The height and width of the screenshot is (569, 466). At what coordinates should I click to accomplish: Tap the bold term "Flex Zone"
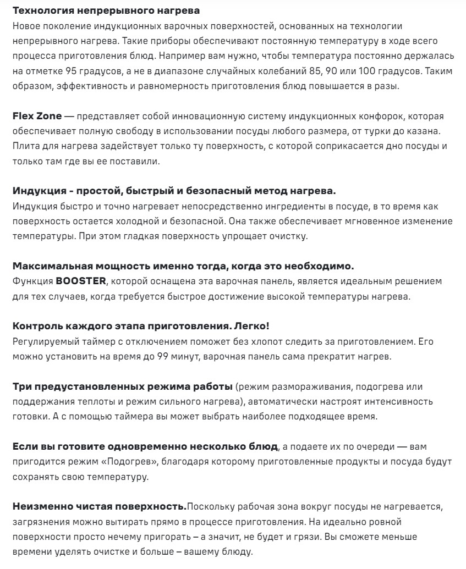click(x=36, y=117)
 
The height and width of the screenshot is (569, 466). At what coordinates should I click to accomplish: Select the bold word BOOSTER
click(x=81, y=281)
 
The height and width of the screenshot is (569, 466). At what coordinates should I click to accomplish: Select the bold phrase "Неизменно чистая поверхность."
click(x=98, y=505)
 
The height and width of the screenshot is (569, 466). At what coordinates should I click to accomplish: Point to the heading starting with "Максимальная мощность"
click(x=183, y=266)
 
